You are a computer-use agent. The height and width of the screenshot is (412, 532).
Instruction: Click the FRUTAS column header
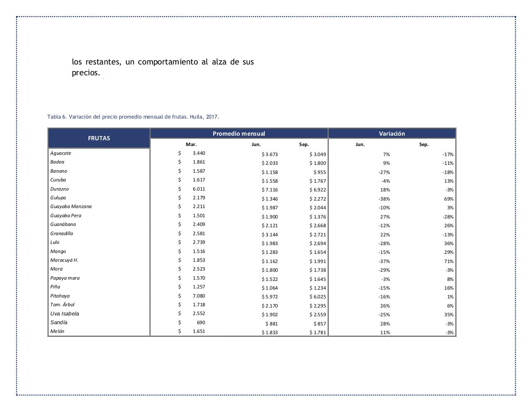[99, 138]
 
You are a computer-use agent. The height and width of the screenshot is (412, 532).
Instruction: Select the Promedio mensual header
[239, 134]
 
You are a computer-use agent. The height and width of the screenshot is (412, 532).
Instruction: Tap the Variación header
[392, 134]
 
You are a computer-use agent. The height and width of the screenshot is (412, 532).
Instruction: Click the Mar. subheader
[191, 144]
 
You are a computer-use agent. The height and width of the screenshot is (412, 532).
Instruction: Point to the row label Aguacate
[61, 153]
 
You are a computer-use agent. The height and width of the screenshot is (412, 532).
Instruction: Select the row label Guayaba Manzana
[71, 206]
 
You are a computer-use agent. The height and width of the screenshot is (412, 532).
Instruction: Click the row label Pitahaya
[60, 296]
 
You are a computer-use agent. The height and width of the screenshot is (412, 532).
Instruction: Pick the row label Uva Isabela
[64, 314]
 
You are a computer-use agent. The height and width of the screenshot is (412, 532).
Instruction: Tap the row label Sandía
[59, 323]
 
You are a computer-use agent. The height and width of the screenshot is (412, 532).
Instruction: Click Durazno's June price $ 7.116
[270, 190]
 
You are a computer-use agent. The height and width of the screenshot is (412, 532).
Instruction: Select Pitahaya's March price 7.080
[199, 296]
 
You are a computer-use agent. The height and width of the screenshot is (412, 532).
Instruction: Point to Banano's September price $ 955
[320, 172]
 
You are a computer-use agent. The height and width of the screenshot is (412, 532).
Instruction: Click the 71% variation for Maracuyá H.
[448, 261]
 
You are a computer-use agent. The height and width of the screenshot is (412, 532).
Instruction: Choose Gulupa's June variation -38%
[384, 199]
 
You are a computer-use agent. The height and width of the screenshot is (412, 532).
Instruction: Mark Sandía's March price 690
[201, 323]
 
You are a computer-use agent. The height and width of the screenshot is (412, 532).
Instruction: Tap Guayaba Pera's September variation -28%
[448, 217]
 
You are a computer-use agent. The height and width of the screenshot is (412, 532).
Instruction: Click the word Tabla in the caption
[54, 117]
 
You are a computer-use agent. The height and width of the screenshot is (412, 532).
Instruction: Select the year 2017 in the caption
[212, 117]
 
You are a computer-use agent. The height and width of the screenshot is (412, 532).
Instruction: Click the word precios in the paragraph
[86, 73]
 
